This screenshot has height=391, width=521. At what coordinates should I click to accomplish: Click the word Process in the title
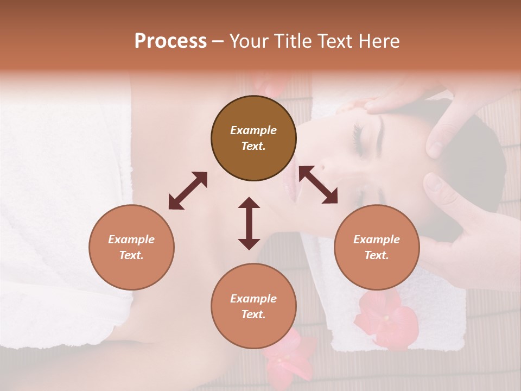(170, 41)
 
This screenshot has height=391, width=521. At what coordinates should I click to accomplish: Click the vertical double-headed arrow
(249, 223)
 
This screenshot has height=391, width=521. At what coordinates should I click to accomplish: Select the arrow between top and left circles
(188, 191)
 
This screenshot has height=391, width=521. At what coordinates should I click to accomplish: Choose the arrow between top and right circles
(318, 185)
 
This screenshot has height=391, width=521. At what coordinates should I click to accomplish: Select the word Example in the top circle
(253, 130)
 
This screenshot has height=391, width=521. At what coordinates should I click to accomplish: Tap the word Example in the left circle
(131, 239)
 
